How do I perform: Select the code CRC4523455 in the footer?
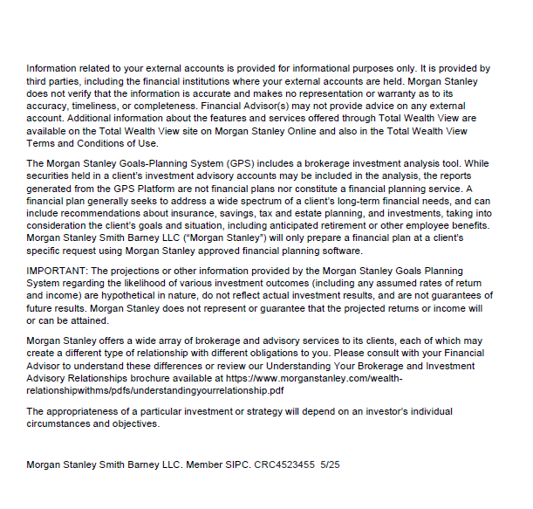285,465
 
